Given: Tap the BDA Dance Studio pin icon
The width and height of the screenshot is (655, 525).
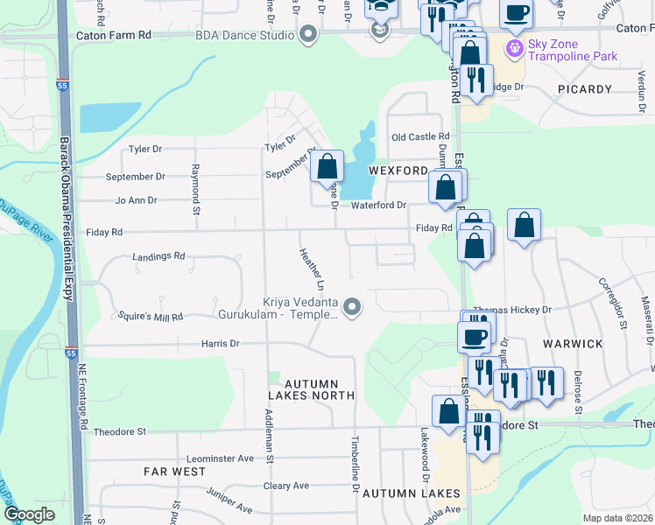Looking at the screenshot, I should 307,35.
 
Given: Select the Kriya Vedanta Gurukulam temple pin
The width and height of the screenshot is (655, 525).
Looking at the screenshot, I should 352,307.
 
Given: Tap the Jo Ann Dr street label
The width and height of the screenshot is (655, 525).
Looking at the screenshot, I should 136,200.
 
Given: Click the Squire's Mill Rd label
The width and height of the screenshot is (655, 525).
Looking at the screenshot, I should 152,316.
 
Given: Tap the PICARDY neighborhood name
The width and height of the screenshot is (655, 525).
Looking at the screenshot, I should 581,89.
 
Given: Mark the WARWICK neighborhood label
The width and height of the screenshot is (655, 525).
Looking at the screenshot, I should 573,344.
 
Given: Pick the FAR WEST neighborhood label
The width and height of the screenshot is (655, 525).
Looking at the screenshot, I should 174,472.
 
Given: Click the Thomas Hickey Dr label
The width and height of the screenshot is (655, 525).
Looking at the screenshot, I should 512,310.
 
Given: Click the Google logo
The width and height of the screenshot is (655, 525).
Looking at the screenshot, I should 30,514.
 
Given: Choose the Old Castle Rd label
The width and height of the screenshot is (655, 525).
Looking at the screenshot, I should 420,137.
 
